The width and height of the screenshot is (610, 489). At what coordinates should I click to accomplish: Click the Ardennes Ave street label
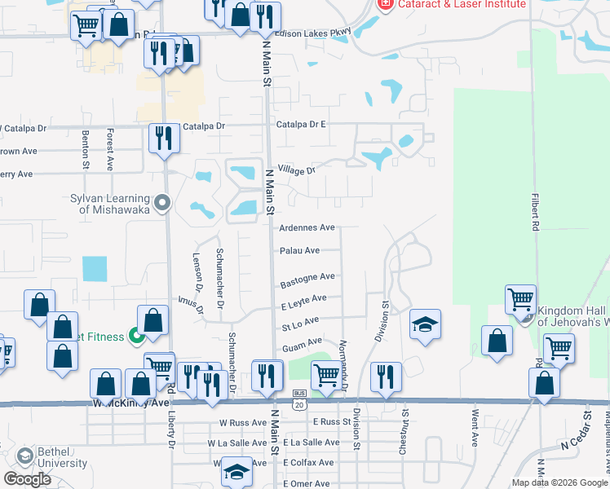pyautogui.click(x=307, y=227)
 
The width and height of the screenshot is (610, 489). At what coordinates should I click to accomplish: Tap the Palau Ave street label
pyautogui.click(x=299, y=251)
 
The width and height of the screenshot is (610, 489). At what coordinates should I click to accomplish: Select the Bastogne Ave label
pyautogui.click(x=307, y=281)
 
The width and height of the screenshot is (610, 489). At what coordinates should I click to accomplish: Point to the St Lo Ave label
pyautogui.click(x=300, y=324)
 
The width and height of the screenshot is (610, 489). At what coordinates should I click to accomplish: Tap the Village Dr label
pyautogui.click(x=296, y=170)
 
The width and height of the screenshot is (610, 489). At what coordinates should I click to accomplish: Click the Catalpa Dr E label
pyautogui.click(x=301, y=125)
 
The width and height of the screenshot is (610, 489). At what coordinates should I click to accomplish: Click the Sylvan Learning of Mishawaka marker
pyautogui.click(x=162, y=201)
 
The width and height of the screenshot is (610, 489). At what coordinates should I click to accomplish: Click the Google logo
pyautogui.click(x=28, y=479)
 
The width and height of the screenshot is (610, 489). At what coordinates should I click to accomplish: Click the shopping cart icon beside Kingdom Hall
pyautogui.click(x=519, y=299)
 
